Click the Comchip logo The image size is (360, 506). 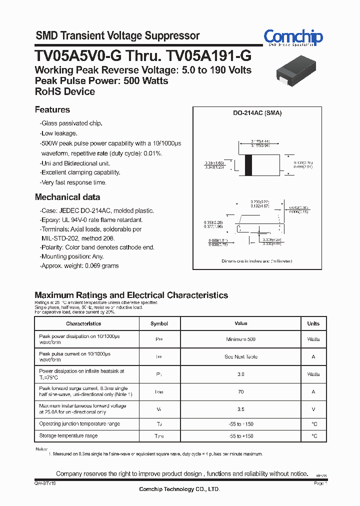pos(293,37)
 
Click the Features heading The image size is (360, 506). pos(52,109)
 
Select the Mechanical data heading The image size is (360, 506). pos(67,197)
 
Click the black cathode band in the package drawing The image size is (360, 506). pos(248,165)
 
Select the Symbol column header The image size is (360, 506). pos(159,323)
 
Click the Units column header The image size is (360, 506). pos(313,323)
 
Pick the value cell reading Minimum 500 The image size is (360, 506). pos(240,339)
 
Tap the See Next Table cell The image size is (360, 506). pos(240,357)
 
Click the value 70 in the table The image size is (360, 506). pos(240,392)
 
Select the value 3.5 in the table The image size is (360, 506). pos(240,409)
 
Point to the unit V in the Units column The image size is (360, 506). pos(313,409)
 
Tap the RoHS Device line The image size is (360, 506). pos(65,91)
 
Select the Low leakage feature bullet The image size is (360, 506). pos(59,133)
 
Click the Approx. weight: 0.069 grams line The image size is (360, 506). pos(79,266)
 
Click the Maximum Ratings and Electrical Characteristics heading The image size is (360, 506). pos(131,295)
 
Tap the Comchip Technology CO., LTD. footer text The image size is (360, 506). pos(179,489)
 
